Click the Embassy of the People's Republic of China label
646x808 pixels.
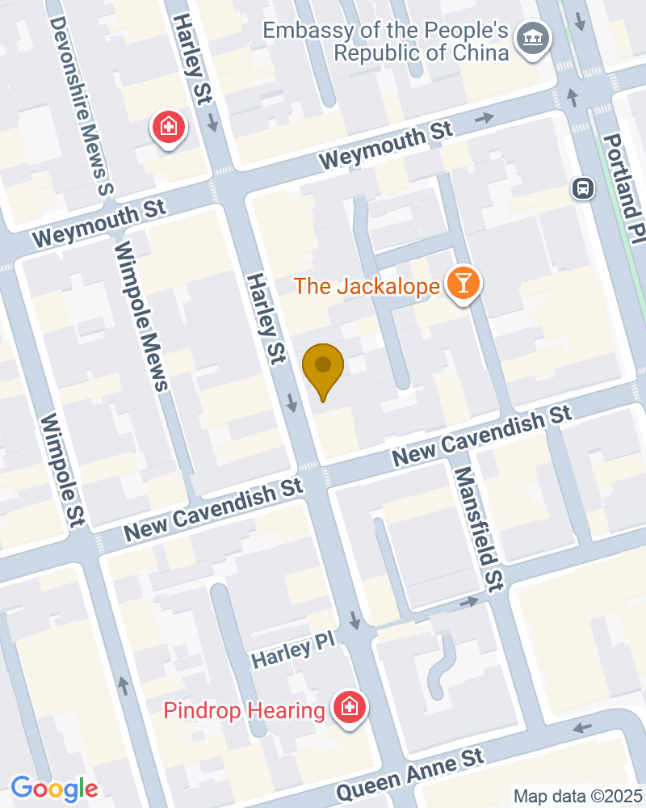(386, 42)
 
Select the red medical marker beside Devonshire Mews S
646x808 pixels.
(168, 127)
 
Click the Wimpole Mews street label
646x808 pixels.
(141, 316)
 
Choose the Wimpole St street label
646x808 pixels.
(62, 469)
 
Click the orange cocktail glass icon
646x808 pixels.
(464, 284)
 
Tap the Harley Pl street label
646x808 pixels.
(292, 652)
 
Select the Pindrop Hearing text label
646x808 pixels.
(244, 711)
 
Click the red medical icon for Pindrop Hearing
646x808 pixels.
(350, 709)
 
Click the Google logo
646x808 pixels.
(54, 788)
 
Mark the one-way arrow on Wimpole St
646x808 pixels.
(123, 685)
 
